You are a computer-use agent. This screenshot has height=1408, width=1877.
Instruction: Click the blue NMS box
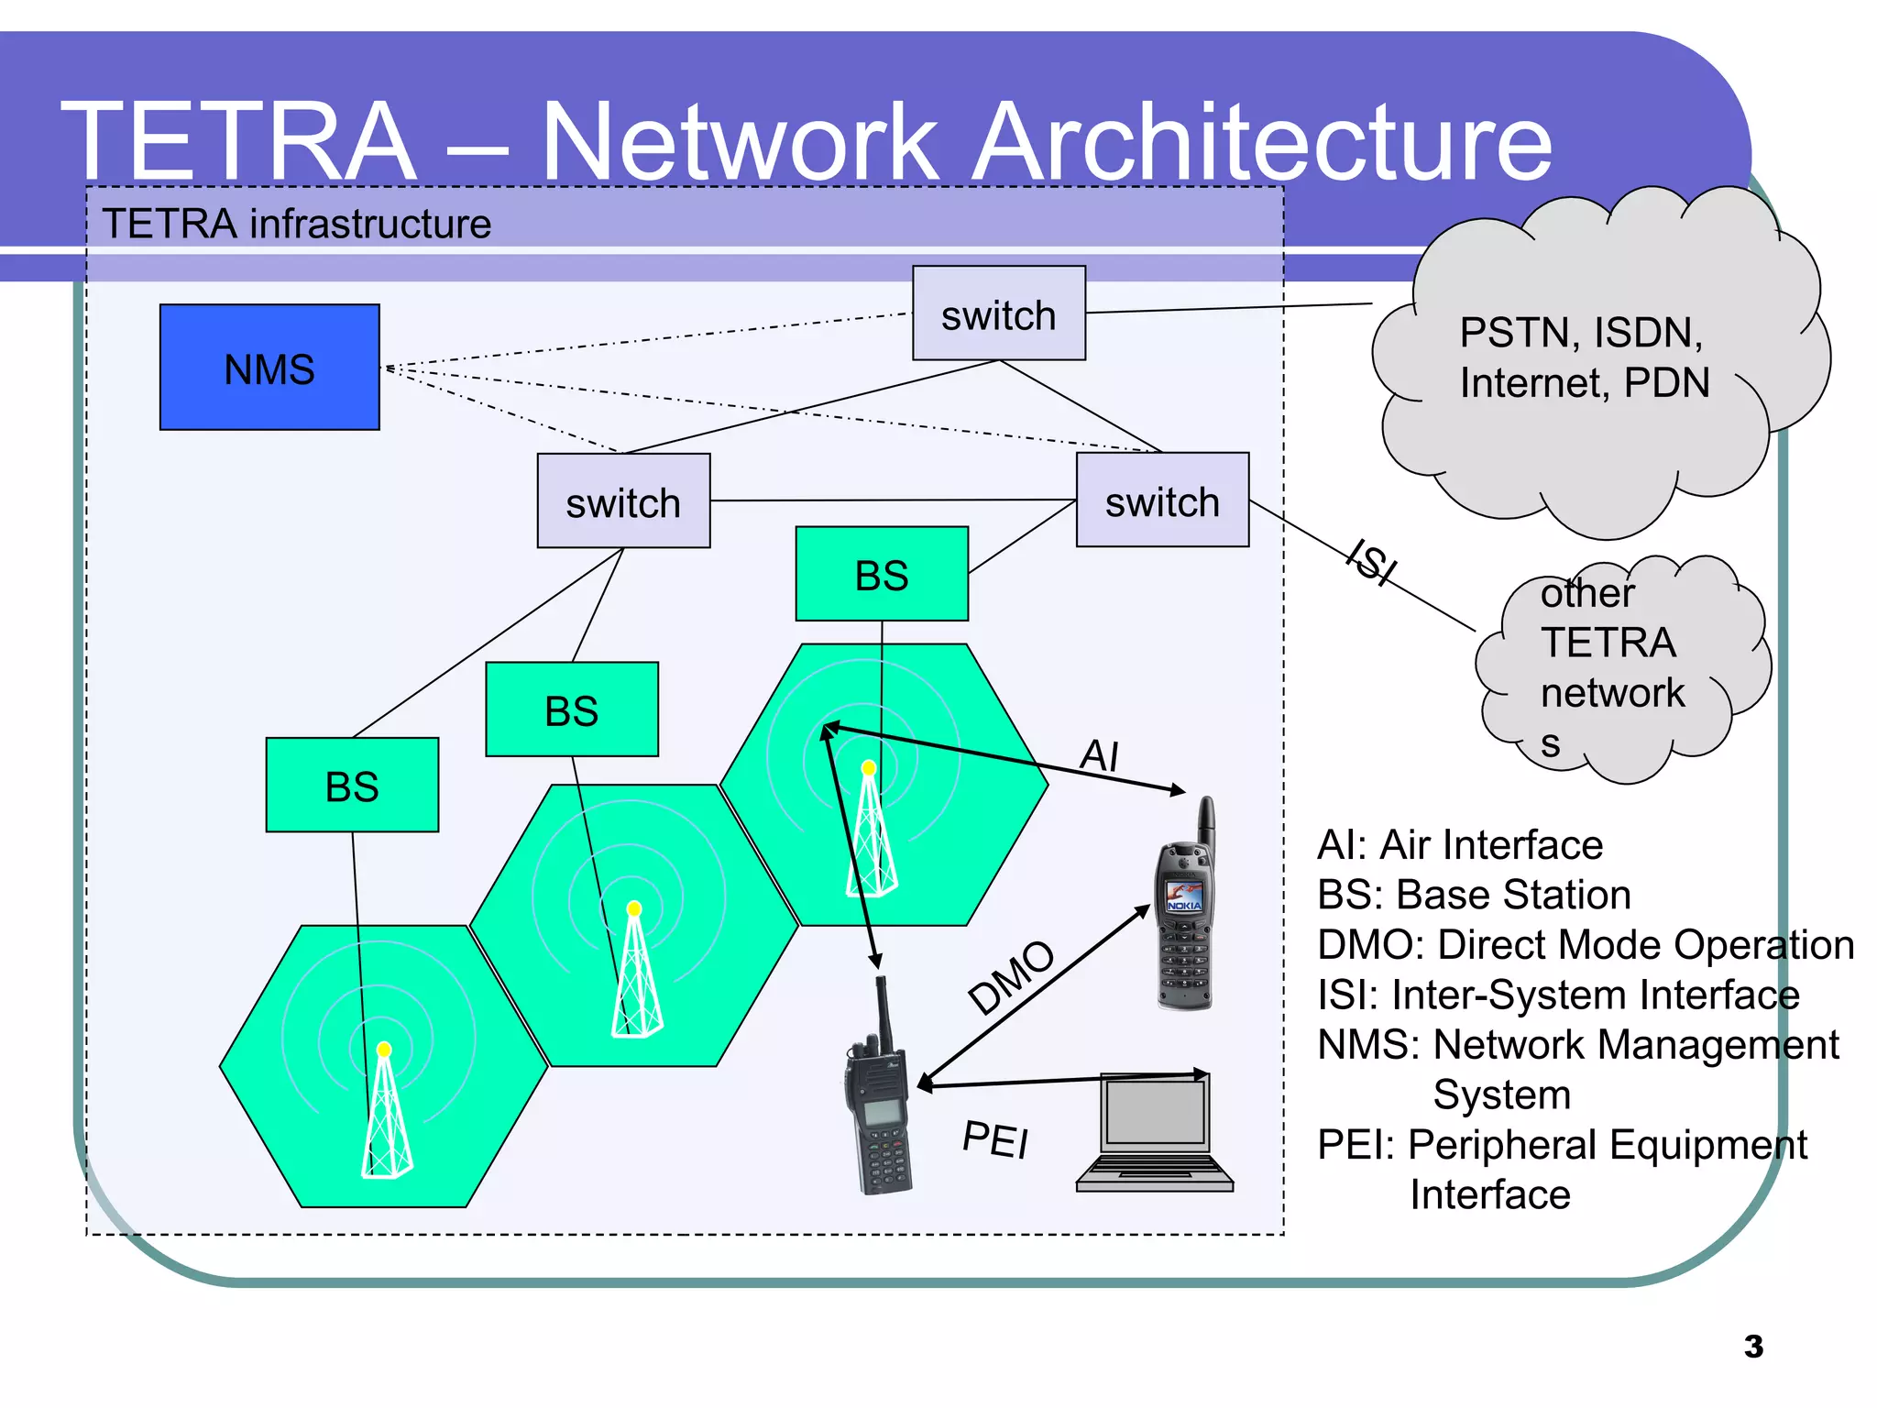click(269, 368)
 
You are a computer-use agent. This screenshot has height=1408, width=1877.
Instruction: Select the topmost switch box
click(998, 313)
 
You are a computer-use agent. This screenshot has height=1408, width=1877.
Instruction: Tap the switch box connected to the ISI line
click(1162, 500)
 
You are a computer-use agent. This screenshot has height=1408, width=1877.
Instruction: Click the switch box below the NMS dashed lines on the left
click(623, 501)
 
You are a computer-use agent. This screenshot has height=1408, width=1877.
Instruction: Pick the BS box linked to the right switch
click(882, 575)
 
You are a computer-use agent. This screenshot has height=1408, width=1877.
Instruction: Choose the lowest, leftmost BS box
click(352, 786)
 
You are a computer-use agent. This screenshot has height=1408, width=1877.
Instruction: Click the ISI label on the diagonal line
click(1372, 561)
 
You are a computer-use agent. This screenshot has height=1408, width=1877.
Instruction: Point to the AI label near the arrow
click(1100, 755)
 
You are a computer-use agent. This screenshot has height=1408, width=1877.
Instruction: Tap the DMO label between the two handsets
click(1012, 977)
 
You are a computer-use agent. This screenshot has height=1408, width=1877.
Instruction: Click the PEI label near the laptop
click(996, 1139)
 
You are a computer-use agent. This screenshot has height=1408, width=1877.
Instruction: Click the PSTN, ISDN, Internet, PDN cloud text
click(1584, 357)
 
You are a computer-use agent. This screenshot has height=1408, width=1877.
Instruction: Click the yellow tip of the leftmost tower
click(384, 1050)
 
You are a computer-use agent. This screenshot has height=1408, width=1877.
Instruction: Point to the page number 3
click(1753, 1347)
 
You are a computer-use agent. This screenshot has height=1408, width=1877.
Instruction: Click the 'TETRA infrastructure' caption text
click(296, 224)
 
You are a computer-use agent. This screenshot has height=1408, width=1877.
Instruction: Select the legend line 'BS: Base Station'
click(1474, 895)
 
